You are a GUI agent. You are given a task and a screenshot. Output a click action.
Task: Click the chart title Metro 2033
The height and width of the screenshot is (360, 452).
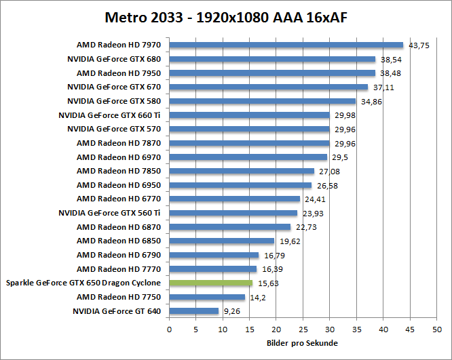(x=225, y=16)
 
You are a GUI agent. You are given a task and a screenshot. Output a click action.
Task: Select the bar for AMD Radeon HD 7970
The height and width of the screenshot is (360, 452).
(x=286, y=45)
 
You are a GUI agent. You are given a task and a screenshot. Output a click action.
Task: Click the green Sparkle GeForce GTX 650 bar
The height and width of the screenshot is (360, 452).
(x=210, y=283)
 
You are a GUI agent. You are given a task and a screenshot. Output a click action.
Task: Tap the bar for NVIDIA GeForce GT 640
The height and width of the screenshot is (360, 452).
(x=193, y=311)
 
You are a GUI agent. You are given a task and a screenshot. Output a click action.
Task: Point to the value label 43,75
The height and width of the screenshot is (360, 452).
(x=419, y=45)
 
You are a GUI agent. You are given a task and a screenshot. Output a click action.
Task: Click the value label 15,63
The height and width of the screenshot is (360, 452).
(x=267, y=283)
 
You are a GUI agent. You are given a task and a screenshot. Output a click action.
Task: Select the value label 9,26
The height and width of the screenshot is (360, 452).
(x=231, y=311)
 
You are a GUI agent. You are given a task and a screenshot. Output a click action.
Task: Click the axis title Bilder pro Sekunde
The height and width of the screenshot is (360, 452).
(x=302, y=343)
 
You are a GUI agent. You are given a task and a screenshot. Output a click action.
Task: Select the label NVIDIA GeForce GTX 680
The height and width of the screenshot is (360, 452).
(x=114, y=59)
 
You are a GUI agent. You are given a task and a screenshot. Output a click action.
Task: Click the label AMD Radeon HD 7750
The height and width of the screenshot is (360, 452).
(x=119, y=297)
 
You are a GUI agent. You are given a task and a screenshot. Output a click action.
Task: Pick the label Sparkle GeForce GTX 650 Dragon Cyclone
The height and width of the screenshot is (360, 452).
(x=83, y=283)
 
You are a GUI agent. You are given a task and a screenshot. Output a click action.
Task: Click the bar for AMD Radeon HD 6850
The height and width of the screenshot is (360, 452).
(x=221, y=241)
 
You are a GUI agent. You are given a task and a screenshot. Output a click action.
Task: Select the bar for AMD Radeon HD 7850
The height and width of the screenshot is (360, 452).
(x=241, y=171)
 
